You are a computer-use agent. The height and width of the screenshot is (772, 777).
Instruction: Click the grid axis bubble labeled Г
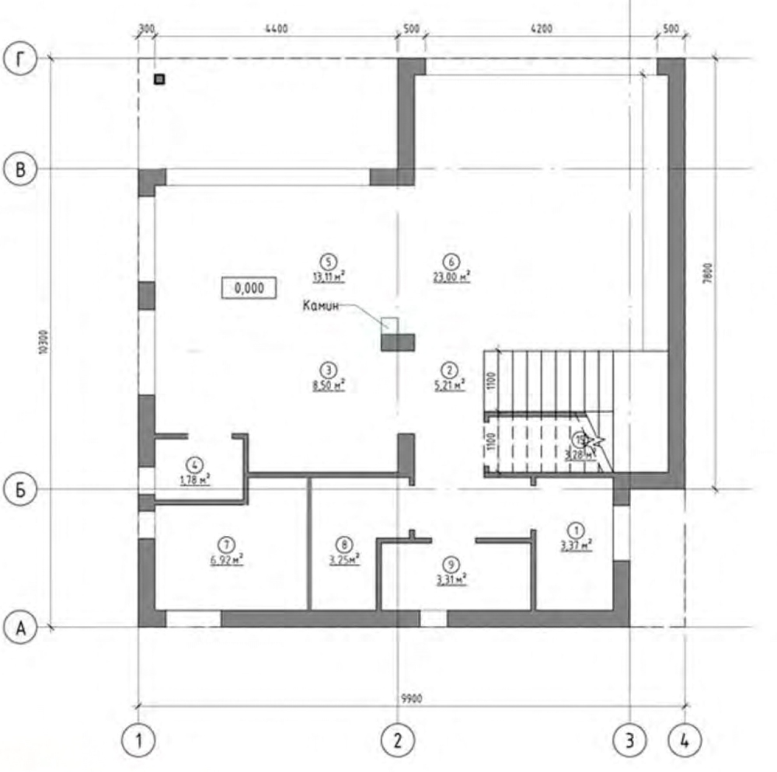pyautogui.click(x=20, y=59)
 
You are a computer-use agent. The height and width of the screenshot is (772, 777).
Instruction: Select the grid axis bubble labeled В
pyautogui.click(x=20, y=169)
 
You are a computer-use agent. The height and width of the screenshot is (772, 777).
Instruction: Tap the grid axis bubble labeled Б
pyautogui.click(x=20, y=489)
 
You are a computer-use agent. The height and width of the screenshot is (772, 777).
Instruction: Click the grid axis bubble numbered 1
pyautogui.click(x=138, y=740)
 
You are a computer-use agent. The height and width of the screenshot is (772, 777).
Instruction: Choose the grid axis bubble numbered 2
pyautogui.click(x=398, y=740)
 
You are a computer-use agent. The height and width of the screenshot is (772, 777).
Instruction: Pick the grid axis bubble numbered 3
pyautogui.click(x=629, y=740)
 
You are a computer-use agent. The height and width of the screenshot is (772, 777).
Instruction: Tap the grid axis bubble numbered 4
pyautogui.click(x=685, y=740)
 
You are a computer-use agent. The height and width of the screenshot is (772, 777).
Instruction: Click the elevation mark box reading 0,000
pyautogui.click(x=248, y=287)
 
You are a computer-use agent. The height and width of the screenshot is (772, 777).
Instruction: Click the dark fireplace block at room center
pyautogui.click(x=398, y=342)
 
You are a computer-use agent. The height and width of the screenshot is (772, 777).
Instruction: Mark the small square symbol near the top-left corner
pyautogui.click(x=159, y=78)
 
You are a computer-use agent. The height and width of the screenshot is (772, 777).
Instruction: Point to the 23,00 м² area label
pyautogui.click(x=452, y=275)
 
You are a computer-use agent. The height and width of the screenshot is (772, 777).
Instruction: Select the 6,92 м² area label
pyautogui.click(x=227, y=557)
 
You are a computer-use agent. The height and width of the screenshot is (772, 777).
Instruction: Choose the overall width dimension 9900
pyautogui.click(x=411, y=699)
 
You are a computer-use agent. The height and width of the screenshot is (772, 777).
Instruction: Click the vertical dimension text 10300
pyautogui.click(x=43, y=343)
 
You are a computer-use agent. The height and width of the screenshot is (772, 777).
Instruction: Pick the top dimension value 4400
pyautogui.click(x=276, y=30)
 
